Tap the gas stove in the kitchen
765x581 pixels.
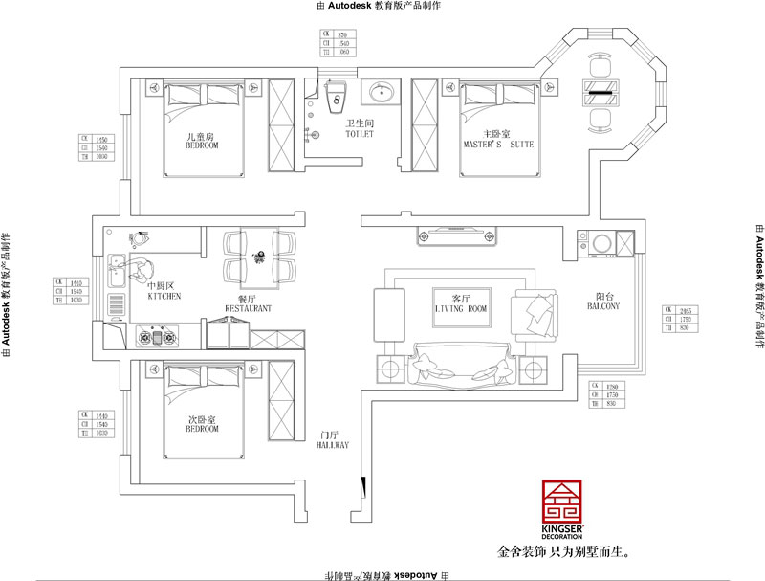[x=159, y=336]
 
